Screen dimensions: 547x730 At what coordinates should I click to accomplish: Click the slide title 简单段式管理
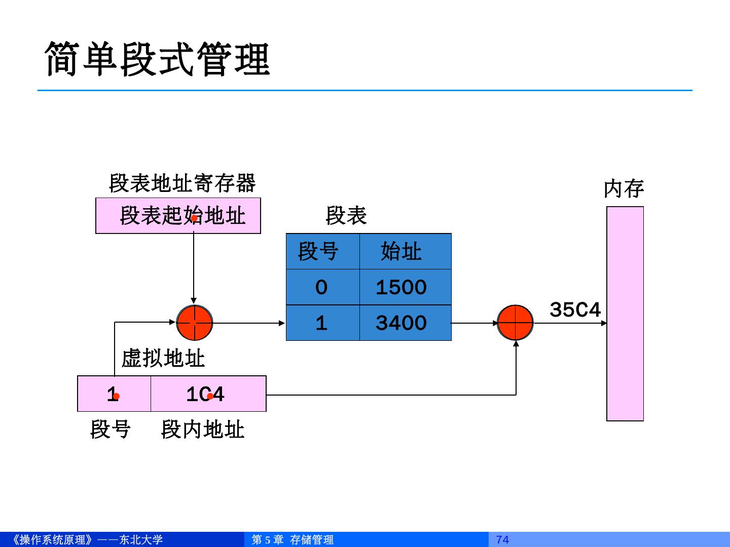[157, 59]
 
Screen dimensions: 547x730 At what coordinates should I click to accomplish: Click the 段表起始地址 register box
[178, 216]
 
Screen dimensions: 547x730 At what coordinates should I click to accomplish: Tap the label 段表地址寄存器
[182, 183]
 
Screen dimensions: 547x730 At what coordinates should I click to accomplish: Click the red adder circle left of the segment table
[194, 323]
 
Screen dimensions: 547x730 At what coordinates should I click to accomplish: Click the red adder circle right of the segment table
[515, 323]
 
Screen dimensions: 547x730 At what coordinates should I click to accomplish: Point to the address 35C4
[575, 309]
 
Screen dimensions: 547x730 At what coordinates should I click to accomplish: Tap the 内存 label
[624, 189]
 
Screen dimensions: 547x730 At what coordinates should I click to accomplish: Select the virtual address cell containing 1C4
[208, 394]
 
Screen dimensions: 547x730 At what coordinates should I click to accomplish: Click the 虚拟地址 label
[163, 359]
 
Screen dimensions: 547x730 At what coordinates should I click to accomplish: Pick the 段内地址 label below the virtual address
[202, 429]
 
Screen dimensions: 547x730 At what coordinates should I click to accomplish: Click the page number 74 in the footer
[502, 539]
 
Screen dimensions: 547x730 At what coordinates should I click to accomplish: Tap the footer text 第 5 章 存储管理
[293, 539]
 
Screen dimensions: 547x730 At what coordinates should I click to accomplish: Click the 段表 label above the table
[346, 216]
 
